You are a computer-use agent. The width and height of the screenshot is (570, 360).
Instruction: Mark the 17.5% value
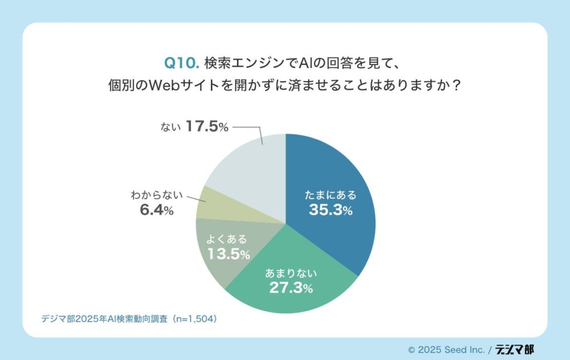207,127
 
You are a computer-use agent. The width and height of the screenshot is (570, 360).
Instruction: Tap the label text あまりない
291,273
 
